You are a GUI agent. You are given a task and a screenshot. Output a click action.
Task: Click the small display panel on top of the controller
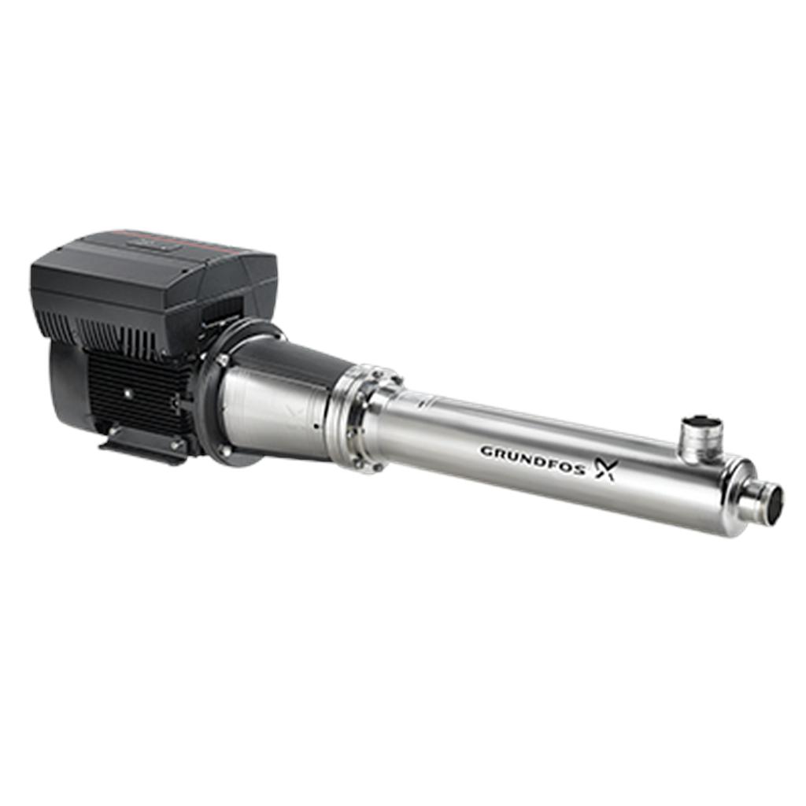coord(161,246)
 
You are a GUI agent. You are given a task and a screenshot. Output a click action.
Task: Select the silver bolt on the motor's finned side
coord(126,391)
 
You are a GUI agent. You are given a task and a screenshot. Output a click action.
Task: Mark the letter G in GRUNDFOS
coord(486,450)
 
